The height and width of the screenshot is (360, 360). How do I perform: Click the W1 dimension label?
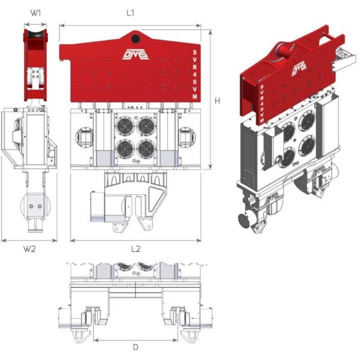(x=35, y=13)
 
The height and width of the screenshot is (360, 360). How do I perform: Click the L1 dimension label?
(x=130, y=13)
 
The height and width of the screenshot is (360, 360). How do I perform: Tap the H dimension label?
(x=217, y=100)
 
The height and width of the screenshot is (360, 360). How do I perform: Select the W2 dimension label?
(x=29, y=249)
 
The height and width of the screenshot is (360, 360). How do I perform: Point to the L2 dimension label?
(x=135, y=249)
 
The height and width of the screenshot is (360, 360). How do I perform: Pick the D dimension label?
(x=135, y=347)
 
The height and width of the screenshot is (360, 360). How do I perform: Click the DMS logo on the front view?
(x=135, y=54)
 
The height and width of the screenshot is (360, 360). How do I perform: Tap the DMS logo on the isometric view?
(x=299, y=68)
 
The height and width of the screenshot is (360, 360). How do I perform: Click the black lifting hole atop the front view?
(x=135, y=38)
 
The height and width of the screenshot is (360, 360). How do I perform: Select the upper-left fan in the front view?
(x=125, y=126)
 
